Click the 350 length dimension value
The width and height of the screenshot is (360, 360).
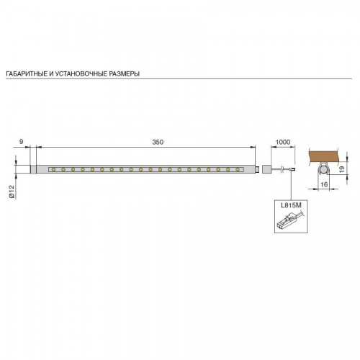pos(158,142)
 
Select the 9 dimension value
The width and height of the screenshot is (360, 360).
pos(22,142)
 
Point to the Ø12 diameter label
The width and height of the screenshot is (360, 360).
pos(12,192)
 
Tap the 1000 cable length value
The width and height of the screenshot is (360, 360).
pos(283,142)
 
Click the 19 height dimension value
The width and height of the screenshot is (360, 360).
pos(342,169)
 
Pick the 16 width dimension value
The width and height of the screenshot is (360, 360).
pos(324,184)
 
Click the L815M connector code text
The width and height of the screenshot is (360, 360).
pos(291,205)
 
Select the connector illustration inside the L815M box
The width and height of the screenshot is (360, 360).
pos(290,220)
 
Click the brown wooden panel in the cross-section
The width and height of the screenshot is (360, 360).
pos(324,156)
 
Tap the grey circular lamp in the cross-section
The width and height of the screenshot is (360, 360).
pos(324,171)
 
